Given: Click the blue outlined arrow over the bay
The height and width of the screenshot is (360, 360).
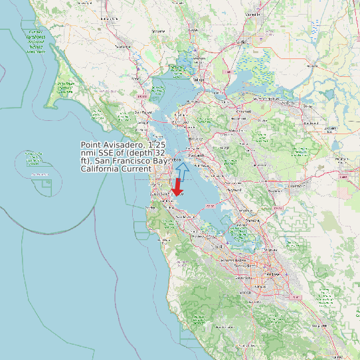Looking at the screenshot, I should [182, 171].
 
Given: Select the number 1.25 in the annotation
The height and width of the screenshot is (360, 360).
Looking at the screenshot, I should [158, 145].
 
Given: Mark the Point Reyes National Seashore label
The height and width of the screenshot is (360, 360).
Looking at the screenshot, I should [66, 86].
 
